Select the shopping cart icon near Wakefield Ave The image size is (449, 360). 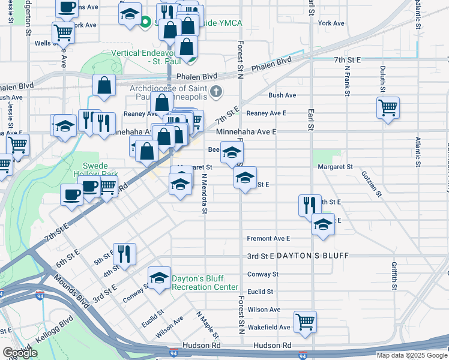click(305, 322)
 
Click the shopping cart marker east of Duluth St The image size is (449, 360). click(388, 108)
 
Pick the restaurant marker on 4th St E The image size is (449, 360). click(126, 254)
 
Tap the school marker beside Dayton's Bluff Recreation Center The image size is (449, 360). click(158, 278)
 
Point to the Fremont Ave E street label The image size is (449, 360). click(268, 238)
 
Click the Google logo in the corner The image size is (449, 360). click(19, 353)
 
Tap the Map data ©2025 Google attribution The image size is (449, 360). click(411, 355)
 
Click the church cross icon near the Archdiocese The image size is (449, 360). click(217, 92)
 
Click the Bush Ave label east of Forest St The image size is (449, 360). click(282, 95)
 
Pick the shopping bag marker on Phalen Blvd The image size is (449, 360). click(104, 86)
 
